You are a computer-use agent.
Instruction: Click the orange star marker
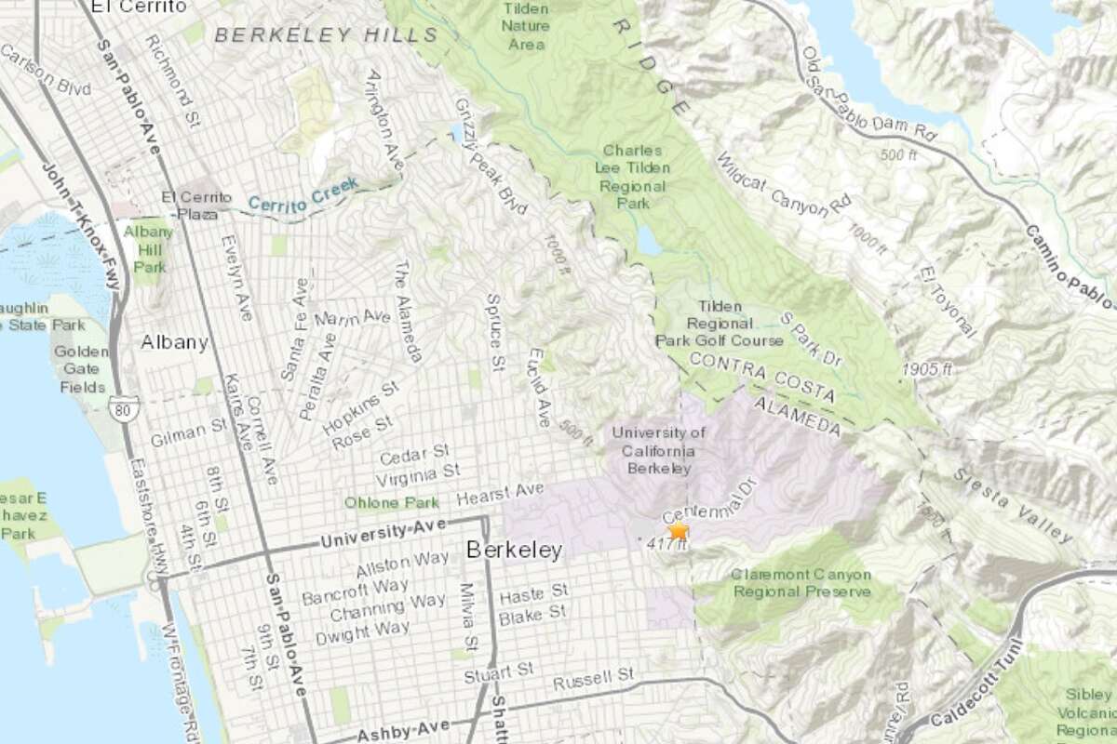(x=679, y=530)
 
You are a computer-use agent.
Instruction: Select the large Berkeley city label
(x=514, y=551)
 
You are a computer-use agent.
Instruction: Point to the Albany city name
(x=174, y=342)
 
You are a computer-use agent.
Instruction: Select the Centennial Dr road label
(x=705, y=502)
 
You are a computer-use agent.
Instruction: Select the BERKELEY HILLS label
(x=326, y=35)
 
